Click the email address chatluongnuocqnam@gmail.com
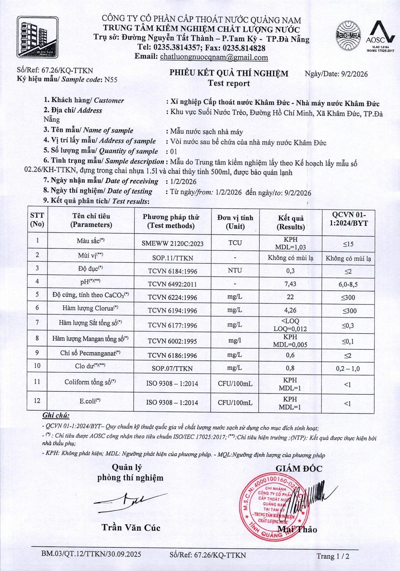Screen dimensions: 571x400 214,57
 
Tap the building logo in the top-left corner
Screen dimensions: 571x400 38,37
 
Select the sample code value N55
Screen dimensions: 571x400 111,80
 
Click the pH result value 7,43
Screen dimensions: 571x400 290,284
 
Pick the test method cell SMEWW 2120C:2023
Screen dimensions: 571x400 172,243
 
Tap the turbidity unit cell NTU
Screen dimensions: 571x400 235,270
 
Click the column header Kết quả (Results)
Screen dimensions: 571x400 291,222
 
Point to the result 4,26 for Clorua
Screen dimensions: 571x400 290,310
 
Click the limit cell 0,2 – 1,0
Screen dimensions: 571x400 347,368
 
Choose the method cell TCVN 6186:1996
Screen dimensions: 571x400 172,355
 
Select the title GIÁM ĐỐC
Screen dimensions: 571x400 299,469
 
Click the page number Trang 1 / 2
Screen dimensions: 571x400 333,556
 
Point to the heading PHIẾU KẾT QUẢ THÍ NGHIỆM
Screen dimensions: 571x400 229,73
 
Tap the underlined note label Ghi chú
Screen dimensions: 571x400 56,415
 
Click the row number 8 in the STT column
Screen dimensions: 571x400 37,338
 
